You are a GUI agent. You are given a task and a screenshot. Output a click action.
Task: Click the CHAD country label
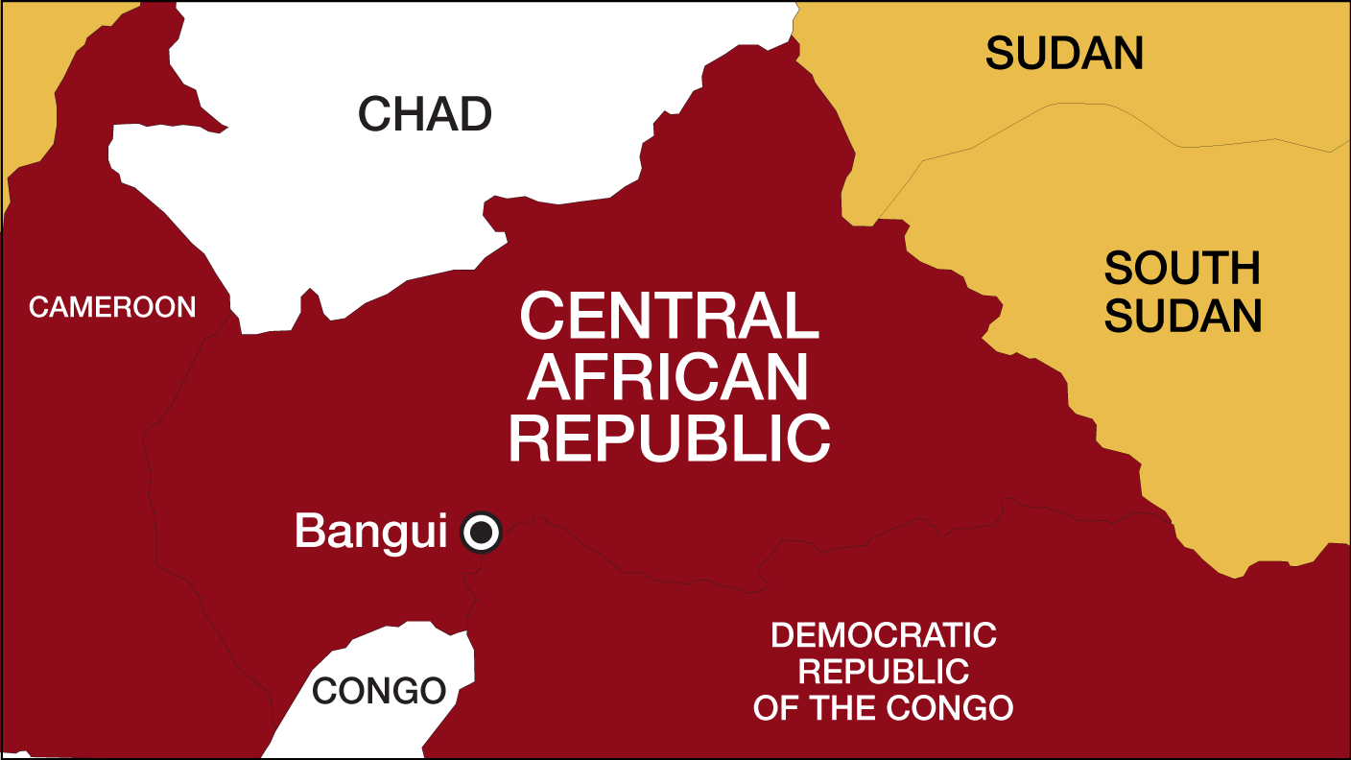coord(424,114)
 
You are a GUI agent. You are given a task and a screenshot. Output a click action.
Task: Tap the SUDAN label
coord(1064,54)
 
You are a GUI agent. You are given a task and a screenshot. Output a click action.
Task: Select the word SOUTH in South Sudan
coord(1182,269)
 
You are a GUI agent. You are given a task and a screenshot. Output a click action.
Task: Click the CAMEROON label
coord(112,307)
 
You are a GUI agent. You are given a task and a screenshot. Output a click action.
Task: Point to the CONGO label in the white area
coord(379,691)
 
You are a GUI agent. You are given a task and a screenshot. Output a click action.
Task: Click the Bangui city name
coord(370,532)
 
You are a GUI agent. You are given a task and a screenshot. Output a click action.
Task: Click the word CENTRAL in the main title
coord(669,317)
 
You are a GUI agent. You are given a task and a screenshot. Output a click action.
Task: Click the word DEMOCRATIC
coord(884,635)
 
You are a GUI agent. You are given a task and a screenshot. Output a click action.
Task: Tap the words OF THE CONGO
coord(884,708)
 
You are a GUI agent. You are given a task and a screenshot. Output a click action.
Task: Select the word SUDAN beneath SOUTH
coord(1182,317)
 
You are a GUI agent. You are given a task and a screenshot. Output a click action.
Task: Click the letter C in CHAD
coord(372,114)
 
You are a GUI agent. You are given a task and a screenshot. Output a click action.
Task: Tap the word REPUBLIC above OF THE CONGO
coord(884,672)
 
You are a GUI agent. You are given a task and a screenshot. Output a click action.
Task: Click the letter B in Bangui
coord(307,532)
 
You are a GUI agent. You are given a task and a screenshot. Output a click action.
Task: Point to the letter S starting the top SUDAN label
coord(999,54)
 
